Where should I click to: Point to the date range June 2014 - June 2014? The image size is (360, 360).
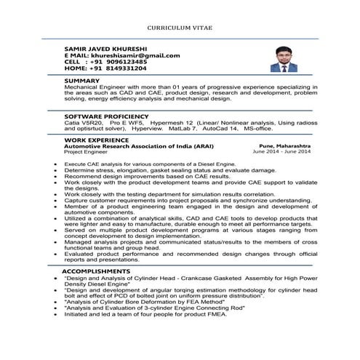click(281, 152)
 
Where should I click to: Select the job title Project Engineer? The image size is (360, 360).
click(85, 152)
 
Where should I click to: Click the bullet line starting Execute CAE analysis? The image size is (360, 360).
click(149, 164)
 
